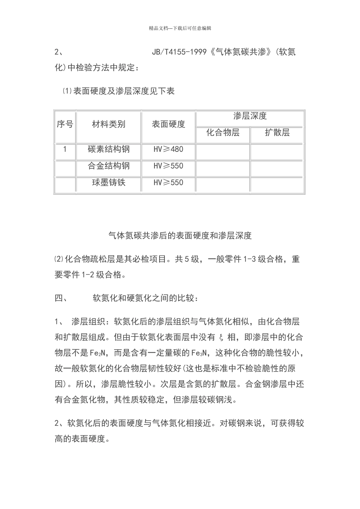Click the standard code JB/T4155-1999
179,52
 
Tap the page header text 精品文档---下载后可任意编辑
180,28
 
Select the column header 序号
65,124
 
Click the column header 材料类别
109,124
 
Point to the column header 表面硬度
169,124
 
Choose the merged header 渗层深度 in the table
250,116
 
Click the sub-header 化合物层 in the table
223,133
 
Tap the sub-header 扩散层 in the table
277,133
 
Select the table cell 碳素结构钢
109,149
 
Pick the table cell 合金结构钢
109,166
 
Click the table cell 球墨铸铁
109,183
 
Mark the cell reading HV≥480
168,149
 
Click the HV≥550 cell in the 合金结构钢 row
168,166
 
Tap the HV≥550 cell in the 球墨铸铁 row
168,183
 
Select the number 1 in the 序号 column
65,149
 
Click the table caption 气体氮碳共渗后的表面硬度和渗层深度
180,236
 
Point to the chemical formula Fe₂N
100,353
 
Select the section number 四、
61,298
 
